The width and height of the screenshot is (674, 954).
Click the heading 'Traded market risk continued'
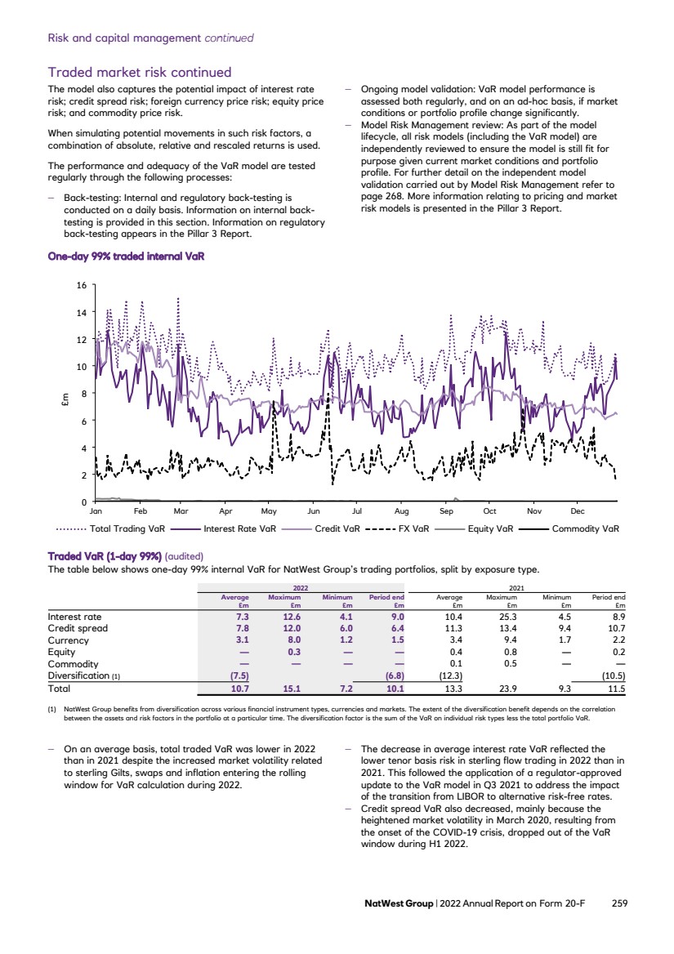[140, 73]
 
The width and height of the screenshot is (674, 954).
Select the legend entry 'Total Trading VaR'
[132, 528]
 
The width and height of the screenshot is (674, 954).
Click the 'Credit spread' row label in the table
[78, 629]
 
